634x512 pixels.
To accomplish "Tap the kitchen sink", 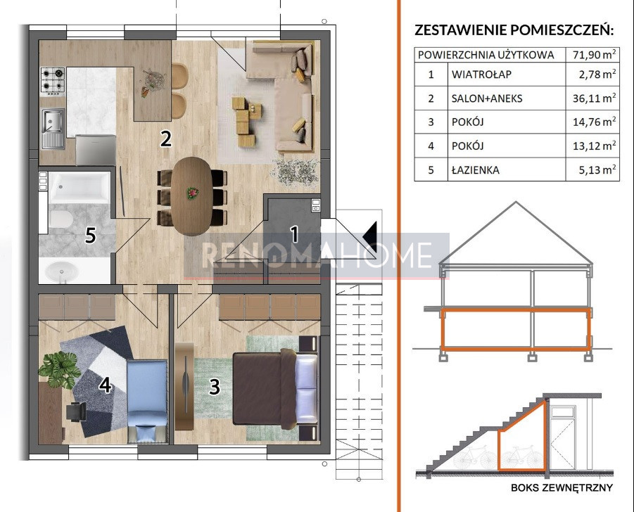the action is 53,128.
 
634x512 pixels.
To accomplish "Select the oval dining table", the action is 191,196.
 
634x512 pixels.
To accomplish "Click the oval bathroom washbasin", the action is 61,271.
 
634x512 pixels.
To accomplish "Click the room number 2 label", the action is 166,139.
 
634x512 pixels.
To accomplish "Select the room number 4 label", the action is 106,385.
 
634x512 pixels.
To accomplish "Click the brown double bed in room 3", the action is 275,389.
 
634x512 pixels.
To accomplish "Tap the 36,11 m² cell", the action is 594,98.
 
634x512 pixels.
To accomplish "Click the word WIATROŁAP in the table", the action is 481,75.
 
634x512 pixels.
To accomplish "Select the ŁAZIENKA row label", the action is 476,170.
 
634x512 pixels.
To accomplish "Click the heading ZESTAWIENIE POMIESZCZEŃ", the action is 514,30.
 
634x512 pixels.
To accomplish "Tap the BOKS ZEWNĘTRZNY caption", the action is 562,487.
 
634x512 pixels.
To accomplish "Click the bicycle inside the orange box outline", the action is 522,457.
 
